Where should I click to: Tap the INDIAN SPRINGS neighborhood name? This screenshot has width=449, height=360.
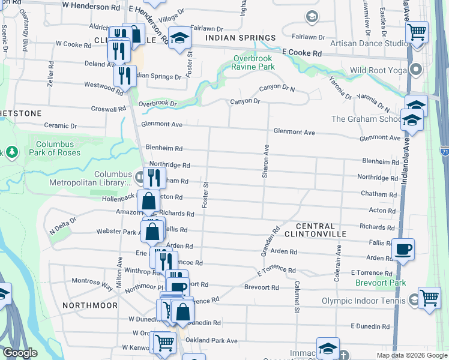(240, 37)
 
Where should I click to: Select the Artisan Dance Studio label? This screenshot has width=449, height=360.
(367, 43)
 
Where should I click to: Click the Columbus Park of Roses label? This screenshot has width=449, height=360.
(55, 148)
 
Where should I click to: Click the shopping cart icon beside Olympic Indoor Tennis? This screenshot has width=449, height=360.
(429, 297)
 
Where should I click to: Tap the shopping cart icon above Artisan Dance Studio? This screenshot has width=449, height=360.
(417, 31)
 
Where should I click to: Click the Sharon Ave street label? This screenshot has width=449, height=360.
(265, 161)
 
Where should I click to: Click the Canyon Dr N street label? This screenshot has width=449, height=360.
(277, 89)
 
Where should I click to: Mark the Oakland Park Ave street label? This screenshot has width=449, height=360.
(212, 341)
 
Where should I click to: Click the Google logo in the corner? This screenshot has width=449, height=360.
(20, 353)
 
